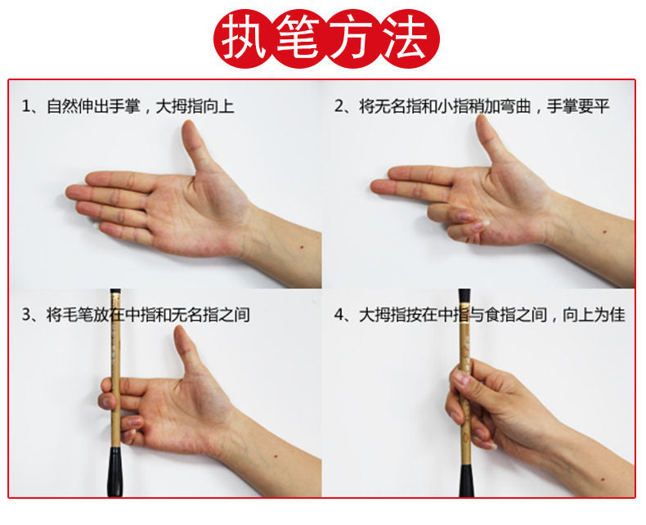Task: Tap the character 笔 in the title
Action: tap(298, 38)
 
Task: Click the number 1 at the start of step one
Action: tap(26, 106)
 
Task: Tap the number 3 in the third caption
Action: tap(26, 315)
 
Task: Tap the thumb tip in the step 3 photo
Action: tap(182, 337)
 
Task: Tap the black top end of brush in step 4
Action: tap(464, 296)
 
